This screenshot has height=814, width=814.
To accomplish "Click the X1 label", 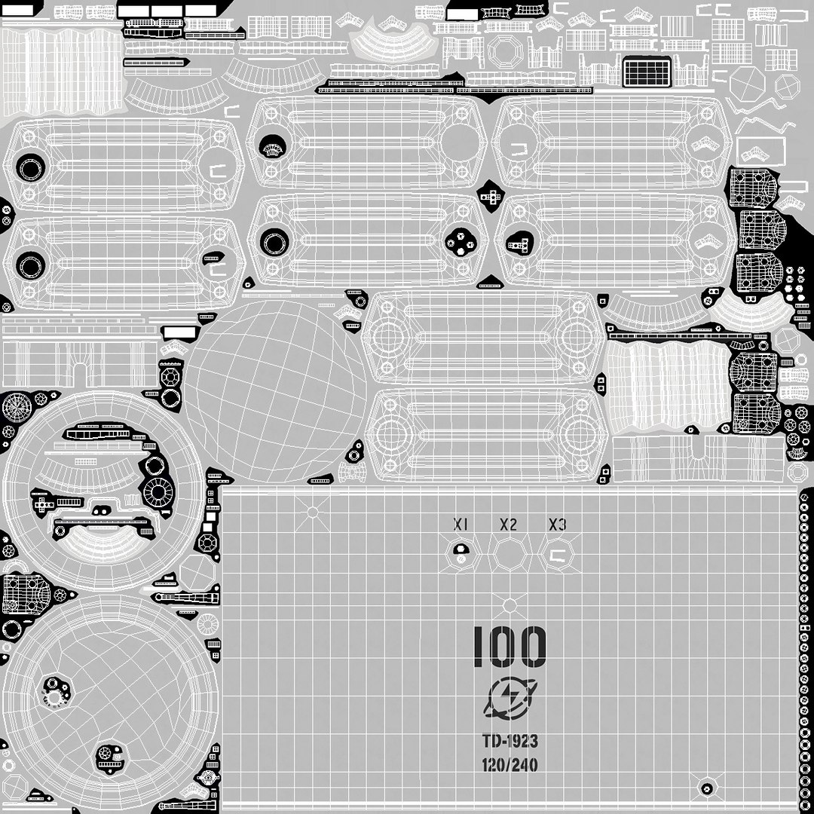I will (461, 525).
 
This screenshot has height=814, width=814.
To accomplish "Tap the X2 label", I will (509, 525).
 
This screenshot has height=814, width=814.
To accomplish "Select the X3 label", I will (557, 525).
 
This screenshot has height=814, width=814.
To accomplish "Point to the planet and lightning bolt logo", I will (507, 699).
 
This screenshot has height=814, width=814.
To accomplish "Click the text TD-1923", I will (510, 741).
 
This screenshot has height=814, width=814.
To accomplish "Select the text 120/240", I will (510, 765).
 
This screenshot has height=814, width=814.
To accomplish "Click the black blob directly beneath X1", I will (461, 552).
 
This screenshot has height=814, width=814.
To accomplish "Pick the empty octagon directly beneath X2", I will (509, 556).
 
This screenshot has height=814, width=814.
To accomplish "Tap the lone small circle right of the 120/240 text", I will (706, 788).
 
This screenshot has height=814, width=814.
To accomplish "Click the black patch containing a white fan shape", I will (272, 146).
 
